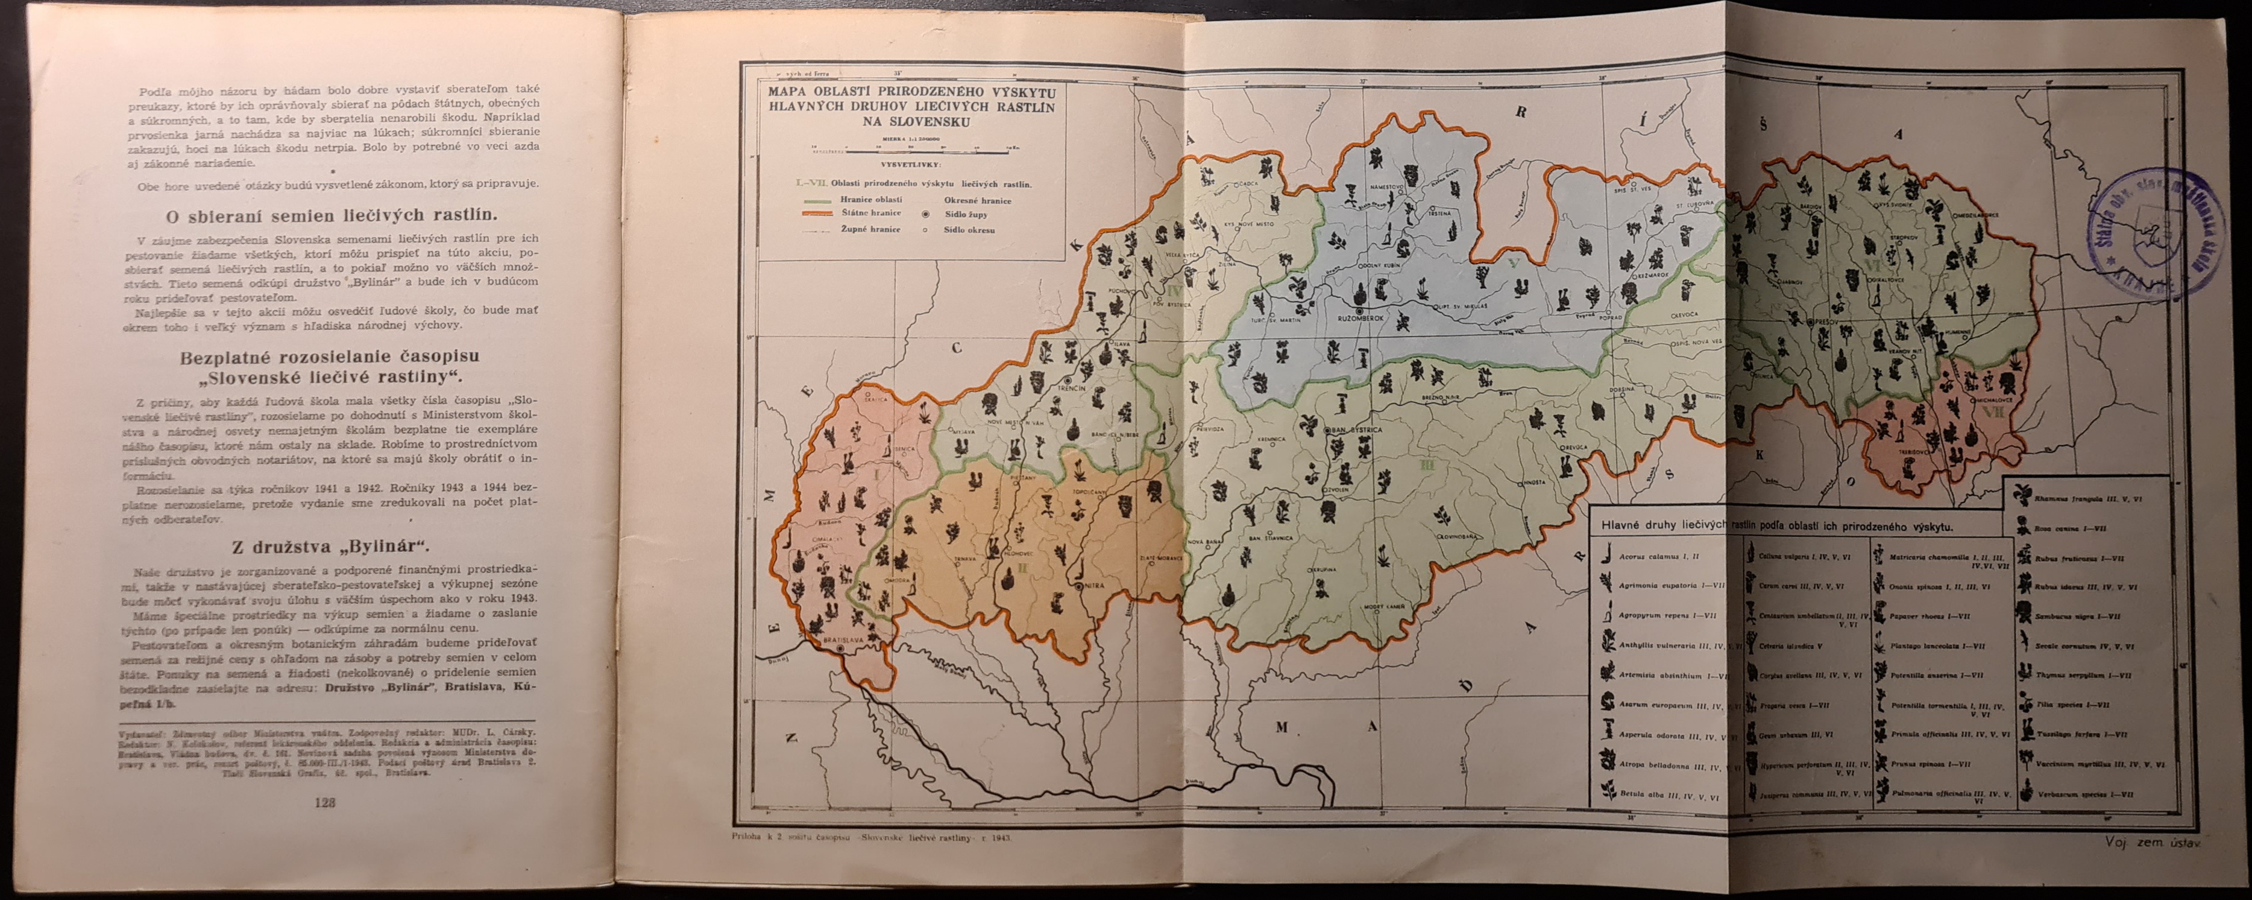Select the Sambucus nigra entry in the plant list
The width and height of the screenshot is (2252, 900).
point(2075,616)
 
